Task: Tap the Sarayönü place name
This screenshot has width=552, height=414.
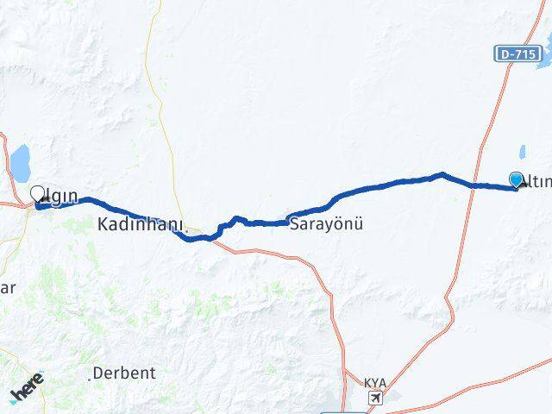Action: click(326, 224)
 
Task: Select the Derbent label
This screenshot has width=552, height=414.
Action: click(126, 373)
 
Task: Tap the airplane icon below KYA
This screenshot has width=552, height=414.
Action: click(375, 398)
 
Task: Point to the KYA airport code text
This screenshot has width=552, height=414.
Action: click(375, 382)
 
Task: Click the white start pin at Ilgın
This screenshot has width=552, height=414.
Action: click(37, 194)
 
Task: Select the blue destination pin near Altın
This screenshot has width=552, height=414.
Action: click(517, 179)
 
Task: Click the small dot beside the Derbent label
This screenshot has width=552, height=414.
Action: click(91, 379)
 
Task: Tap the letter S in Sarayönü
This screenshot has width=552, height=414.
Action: click(294, 224)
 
